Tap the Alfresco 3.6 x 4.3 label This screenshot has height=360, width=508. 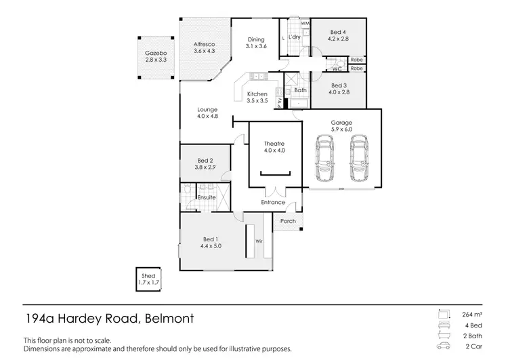[204, 47]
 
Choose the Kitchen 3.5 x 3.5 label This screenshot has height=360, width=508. [257, 98]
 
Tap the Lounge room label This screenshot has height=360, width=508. [207, 112]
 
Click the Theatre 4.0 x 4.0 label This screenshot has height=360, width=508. [275, 146]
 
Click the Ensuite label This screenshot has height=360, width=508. [207, 197]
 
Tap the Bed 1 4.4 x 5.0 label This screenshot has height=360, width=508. [211, 243]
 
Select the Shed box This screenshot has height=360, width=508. [146, 278]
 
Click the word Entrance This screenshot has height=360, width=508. [274, 202]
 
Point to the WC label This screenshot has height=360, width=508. [336, 68]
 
